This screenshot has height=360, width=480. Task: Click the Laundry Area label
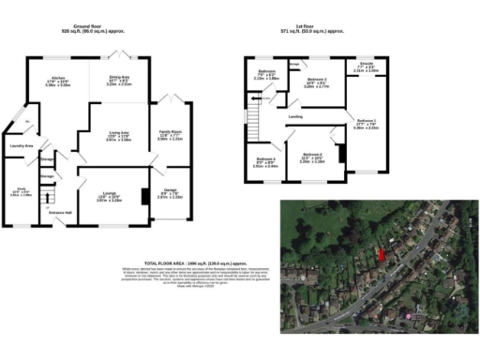(22, 146)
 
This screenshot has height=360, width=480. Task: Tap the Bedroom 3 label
(312, 154)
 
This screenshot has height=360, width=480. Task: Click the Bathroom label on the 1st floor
(267, 72)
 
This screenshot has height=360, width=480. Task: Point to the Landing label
(294, 117)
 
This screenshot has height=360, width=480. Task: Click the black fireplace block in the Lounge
(143, 197)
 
